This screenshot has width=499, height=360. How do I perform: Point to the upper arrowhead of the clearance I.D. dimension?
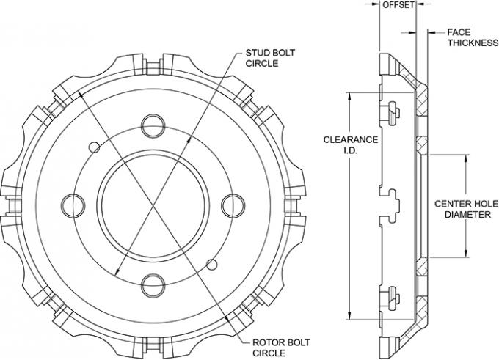350,95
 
